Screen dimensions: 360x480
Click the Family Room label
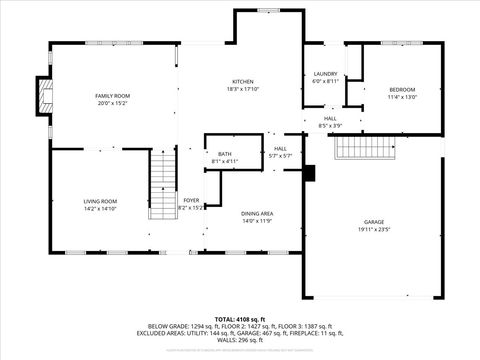(113, 95)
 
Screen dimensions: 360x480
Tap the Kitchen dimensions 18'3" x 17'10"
(243, 89)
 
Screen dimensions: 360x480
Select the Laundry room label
(325, 74)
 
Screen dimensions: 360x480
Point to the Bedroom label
(401, 89)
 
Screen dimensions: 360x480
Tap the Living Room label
(100, 201)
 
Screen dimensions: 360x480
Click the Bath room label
(224, 153)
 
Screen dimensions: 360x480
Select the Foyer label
(190, 200)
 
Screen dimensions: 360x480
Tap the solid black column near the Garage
(309, 174)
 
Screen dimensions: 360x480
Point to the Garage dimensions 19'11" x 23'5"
(374, 229)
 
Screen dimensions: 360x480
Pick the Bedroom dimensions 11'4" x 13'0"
(401, 97)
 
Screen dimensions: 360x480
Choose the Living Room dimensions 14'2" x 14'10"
(100, 209)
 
